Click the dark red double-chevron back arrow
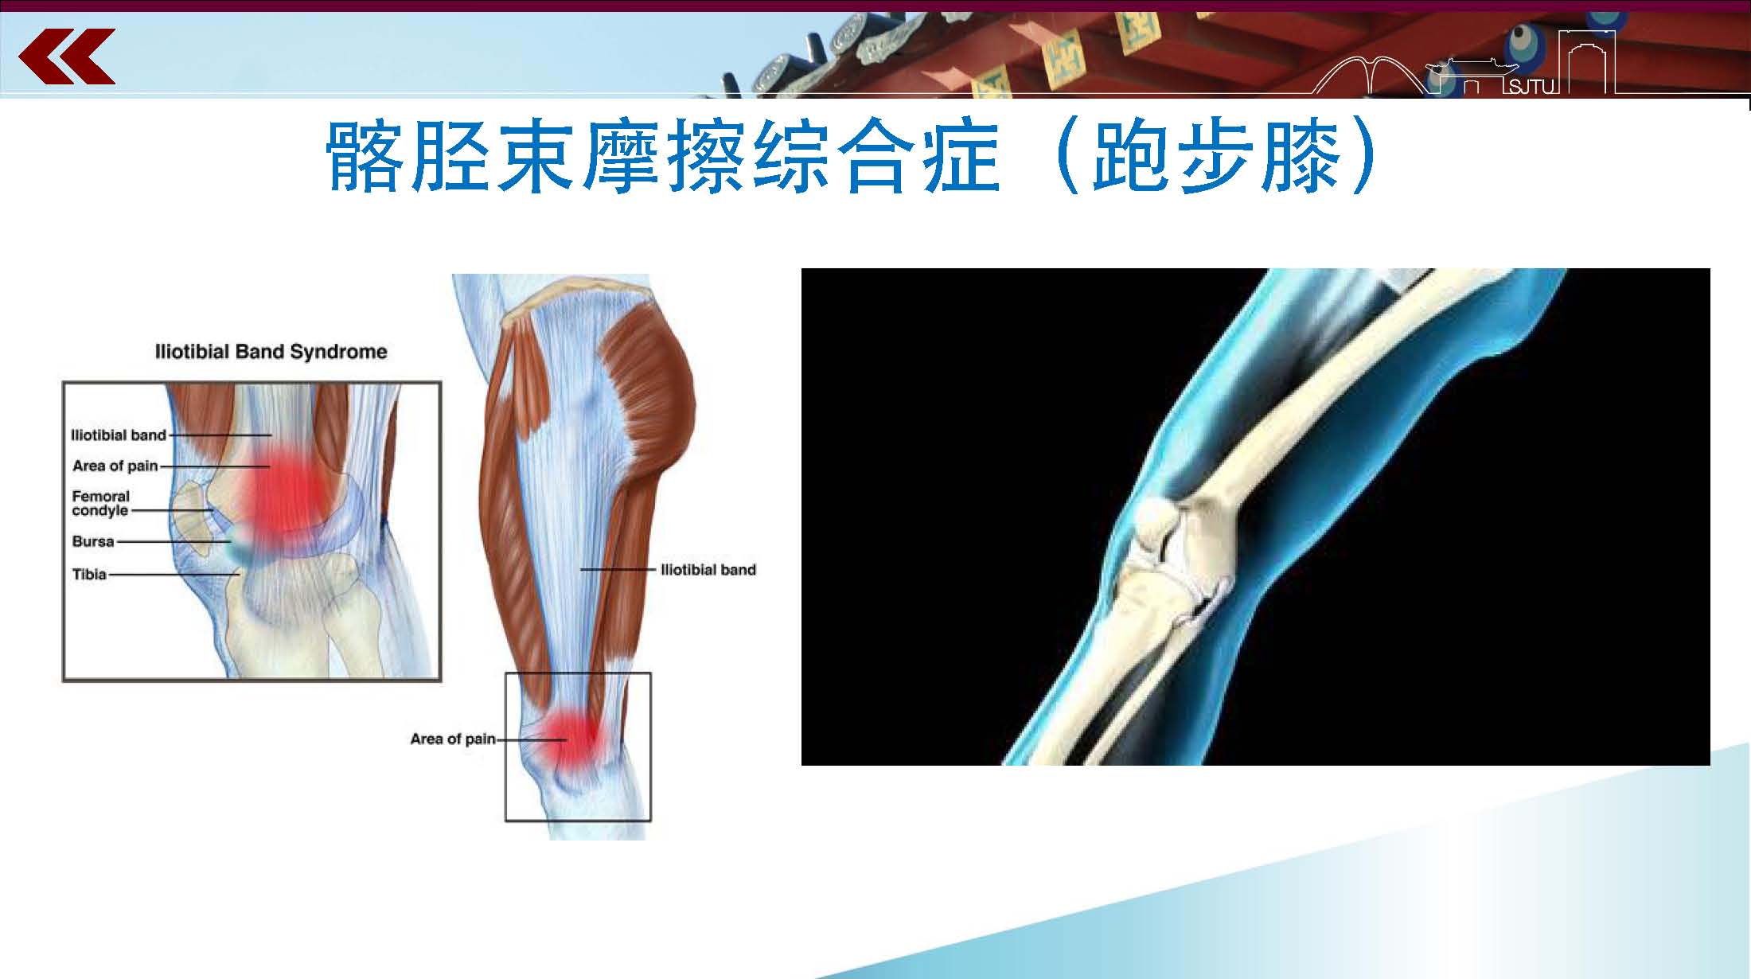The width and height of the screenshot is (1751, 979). (x=67, y=57)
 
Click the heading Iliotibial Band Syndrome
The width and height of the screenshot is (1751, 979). (x=271, y=352)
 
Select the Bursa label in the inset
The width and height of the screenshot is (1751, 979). (x=93, y=541)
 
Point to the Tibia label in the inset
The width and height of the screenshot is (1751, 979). (x=89, y=574)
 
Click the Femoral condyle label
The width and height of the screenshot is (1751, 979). (x=100, y=503)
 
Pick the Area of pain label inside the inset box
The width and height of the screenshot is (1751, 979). (x=115, y=466)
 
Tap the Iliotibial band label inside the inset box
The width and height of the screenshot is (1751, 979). (x=119, y=435)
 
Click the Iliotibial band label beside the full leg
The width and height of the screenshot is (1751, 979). (x=708, y=570)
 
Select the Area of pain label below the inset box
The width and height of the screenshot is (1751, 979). (x=453, y=739)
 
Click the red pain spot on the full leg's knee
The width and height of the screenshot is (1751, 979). (x=568, y=739)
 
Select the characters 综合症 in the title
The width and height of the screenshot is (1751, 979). (x=875, y=157)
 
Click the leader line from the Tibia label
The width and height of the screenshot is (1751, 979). (x=174, y=575)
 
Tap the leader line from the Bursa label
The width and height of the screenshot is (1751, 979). (x=174, y=542)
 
